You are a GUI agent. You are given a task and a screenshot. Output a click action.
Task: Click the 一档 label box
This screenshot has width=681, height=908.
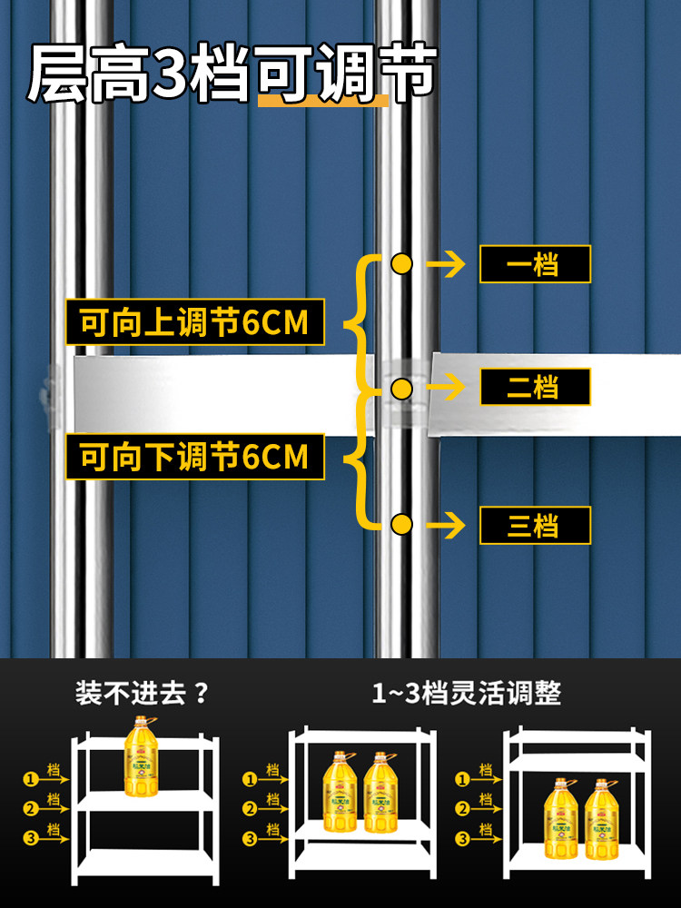pyautogui.click(x=535, y=264)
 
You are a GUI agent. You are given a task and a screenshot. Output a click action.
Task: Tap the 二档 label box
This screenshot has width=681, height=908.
pyautogui.click(x=535, y=388)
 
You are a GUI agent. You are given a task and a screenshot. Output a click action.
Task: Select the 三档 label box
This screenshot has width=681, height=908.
pyautogui.click(x=535, y=525)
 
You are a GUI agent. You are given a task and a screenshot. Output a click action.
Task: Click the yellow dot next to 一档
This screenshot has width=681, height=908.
pyautogui.click(x=401, y=264)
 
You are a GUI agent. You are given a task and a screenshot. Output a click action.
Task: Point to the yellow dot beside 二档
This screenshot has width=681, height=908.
pyautogui.click(x=401, y=389)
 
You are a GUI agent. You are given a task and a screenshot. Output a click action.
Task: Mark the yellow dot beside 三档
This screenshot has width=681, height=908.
pyautogui.click(x=401, y=524)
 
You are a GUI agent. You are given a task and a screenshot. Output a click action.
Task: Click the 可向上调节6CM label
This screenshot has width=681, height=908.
pyautogui.click(x=194, y=322)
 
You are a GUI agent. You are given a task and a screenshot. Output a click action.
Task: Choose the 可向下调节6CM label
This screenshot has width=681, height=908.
pyautogui.click(x=194, y=457)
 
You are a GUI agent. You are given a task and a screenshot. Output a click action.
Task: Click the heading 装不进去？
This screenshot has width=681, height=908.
pyautogui.click(x=143, y=695)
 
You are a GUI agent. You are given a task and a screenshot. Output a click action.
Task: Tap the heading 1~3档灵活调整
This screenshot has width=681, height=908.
pyautogui.click(x=467, y=695)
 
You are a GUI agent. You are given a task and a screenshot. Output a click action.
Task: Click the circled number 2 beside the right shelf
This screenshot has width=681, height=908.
pyautogui.click(x=462, y=808)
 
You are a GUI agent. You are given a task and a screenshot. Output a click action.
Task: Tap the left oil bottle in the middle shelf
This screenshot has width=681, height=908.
pyautogui.click(x=340, y=792)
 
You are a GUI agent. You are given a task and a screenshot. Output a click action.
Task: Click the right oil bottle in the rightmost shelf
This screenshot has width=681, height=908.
pyautogui.click(x=602, y=819)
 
